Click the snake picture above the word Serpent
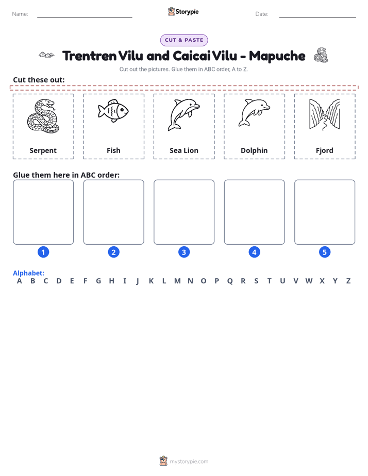click(x=43, y=116)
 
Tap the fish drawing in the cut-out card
click(x=113, y=111)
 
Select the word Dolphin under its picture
click(x=254, y=150)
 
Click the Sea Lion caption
click(x=184, y=150)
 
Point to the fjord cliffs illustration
click(x=324, y=115)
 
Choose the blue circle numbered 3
click(x=184, y=252)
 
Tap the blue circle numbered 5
click(x=325, y=252)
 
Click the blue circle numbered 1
click(x=43, y=252)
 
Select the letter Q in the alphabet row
click(x=230, y=281)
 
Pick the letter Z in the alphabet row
click(x=348, y=281)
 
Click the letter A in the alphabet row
click(x=20, y=281)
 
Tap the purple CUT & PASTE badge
click(x=184, y=40)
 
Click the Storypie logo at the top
click(x=183, y=11)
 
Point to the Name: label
click(x=20, y=14)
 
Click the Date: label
click(x=262, y=14)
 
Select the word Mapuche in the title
click(x=277, y=56)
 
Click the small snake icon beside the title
click(x=321, y=55)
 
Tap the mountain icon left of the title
click(x=46, y=55)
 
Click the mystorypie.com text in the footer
click(x=189, y=462)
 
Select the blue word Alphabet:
click(x=28, y=273)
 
